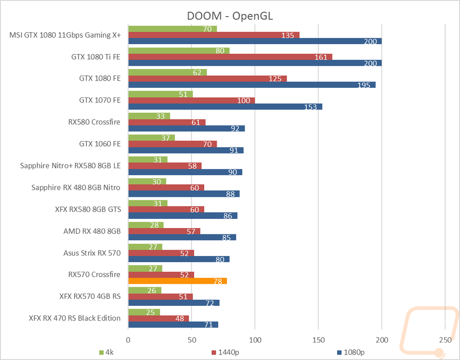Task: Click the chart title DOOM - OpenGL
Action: (x=230, y=15)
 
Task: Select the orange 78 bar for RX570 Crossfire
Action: (x=178, y=281)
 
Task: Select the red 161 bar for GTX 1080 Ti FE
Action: (x=230, y=57)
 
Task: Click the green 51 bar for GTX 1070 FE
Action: (x=160, y=94)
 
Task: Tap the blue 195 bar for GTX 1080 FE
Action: (x=252, y=85)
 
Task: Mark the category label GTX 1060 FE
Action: (x=100, y=144)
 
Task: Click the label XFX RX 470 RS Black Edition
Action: (x=75, y=318)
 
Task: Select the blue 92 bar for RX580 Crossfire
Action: (x=186, y=129)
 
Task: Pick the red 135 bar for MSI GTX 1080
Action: (x=214, y=35)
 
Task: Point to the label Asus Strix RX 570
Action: (x=92, y=253)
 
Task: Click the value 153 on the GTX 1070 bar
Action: (x=310, y=107)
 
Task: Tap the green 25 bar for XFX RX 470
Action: (x=144, y=312)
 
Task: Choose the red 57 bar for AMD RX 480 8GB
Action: (x=164, y=231)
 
